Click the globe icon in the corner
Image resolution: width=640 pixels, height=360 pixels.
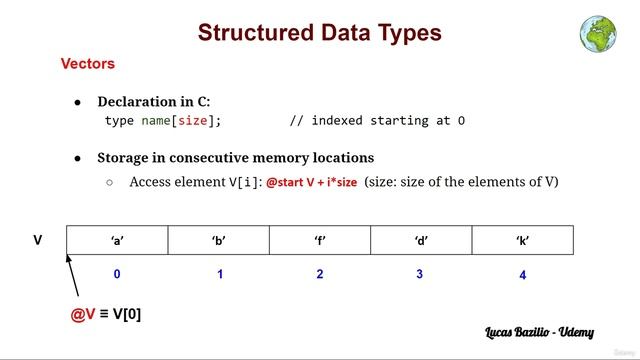(x=597, y=33)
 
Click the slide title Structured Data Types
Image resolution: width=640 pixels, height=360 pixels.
(x=319, y=32)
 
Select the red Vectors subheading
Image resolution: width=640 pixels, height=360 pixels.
(x=88, y=64)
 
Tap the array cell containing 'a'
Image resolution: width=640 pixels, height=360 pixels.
(x=117, y=240)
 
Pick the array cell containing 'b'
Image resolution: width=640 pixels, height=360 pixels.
(x=219, y=240)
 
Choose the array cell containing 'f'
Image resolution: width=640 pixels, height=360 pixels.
(x=320, y=240)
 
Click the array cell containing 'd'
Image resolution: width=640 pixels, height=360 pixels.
(x=421, y=240)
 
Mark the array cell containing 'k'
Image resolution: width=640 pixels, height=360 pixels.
(x=523, y=240)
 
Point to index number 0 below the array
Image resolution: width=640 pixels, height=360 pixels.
(x=117, y=274)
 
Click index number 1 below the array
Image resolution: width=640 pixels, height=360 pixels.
(x=219, y=274)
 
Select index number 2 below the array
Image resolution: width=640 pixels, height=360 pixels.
(x=320, y=274)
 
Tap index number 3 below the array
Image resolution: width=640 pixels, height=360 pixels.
(x=420, y=274)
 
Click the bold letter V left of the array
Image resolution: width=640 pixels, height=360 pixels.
(x=38, y=240)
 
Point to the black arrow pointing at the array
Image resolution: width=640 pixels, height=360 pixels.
(x=72, y=275)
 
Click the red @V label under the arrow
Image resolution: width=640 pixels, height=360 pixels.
(x=82, y=314)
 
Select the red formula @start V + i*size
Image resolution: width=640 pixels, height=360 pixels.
(x=311, y=182)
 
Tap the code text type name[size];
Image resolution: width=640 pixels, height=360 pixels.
(x=163, y=121)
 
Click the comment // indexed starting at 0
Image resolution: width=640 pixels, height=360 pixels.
(x=377, y=121)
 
